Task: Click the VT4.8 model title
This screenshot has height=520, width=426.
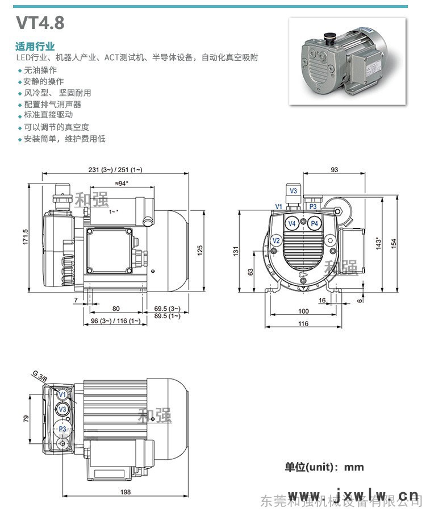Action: click(40, 23)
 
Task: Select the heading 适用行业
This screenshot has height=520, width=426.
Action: click(35, 47)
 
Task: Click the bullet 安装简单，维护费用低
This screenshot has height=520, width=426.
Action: click(64, 139)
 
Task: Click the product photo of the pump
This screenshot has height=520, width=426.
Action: click(348, 61)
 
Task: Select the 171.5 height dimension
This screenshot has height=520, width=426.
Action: click(26, 238)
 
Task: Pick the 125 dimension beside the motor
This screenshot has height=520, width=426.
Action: click(200, 251)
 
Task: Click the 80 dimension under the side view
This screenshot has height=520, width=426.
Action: click(116, 309)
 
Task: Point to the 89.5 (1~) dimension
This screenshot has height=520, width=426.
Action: click(167, 316)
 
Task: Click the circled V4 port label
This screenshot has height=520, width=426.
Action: click(292, 224)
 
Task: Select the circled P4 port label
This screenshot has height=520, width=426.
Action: click(315, 224)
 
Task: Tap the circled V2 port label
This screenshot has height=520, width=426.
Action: click(276, 241)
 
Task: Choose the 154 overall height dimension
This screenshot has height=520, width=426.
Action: click(394, 242)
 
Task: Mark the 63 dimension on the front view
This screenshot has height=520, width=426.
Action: click(250, 272)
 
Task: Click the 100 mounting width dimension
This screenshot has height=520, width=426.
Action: click(303, 311)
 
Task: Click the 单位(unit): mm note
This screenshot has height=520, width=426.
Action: click(324, 467)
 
